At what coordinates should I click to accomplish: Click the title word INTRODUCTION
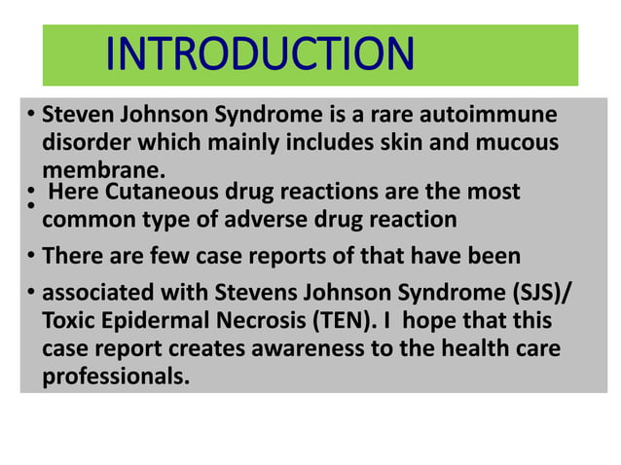coord(259,54)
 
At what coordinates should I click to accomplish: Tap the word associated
coord(100,294)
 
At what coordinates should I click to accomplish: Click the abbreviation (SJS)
coord(526,294)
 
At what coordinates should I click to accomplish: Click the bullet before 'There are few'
coord(31,257)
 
